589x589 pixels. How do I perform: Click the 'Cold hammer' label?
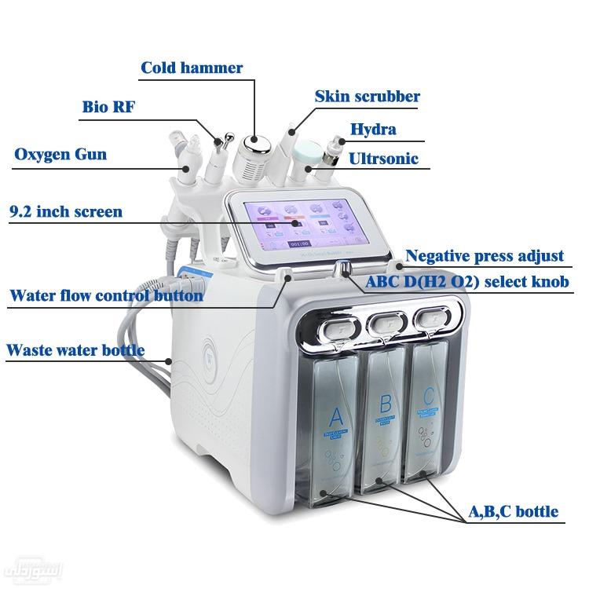point(192,68)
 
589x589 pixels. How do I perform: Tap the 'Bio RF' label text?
point(109,107)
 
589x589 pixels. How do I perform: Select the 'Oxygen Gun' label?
point(60,154)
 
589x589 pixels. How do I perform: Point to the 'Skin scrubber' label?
point(367,97)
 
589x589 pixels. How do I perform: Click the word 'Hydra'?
point(373,129)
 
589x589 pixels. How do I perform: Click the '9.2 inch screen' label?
point(66,211)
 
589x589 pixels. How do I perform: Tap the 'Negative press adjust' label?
point(485,256)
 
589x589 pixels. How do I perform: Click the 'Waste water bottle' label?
point(75,349)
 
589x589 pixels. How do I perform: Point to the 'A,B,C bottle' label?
point(514,512)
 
